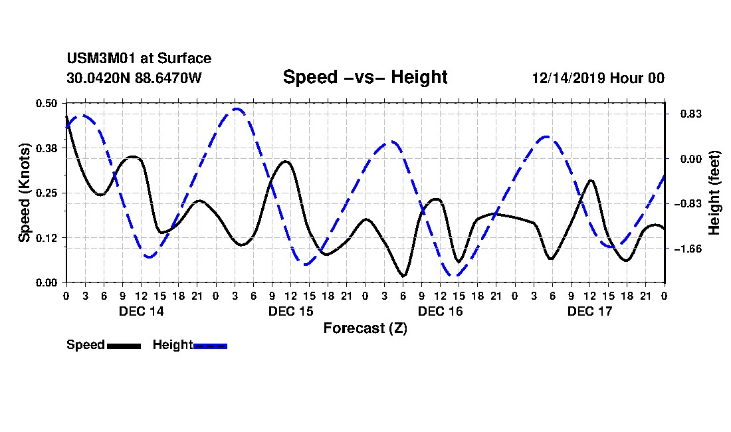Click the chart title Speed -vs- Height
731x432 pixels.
pyautogui.click(x=365, y=77)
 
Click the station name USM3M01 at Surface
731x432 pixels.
pyautogui.click(x=139, y=59)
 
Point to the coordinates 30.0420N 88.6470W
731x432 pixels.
pyautogui.click(x=134, y=78)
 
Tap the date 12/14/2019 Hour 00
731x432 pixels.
pyautogui.click(x=598, y=78)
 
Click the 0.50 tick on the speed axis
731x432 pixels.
pyautogui.click(x=47, y=103)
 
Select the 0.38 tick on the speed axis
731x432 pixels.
pyautogui.click(x=47, y=148)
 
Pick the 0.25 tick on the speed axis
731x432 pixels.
pyautogui.click(x=47, y=193)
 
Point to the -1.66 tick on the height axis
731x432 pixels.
pyautogui.click(x=682, y=249)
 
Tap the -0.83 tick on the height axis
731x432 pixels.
pyautogui.click(x=682, y=204)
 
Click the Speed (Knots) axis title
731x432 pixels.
pyautogui.click(x=25, y=193)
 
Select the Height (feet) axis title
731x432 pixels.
pyautogui.click(x=715, y=193)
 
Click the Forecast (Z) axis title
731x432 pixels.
pyautogui.click(x=365, y=328)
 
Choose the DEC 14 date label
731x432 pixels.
pyautogui.click(x=142, y=311)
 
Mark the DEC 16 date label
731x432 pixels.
pyautogui.click(x=441, y=311)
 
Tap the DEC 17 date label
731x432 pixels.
pyautogui.click(x=590, y=311)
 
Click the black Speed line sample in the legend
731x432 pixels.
pyautogui.click(x=124, y=346)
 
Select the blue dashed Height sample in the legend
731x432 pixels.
pyautogui.click(x=210, y=346)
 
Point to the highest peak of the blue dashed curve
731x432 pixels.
pyautogui.click(x=237, y=109)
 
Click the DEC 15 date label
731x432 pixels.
pyautogui.click(x=291, y=311)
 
